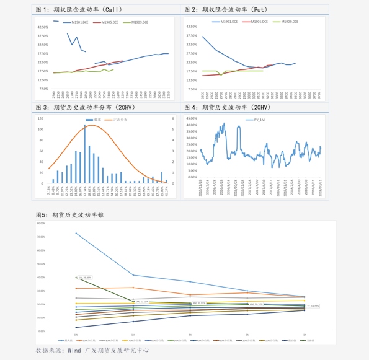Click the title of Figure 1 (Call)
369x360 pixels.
tap(79, 9)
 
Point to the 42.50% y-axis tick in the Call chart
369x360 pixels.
tap(43, 27)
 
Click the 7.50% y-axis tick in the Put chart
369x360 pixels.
tap(192, 89)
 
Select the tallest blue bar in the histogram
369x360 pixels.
tap(84, 155)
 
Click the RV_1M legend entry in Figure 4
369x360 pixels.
tap(257, 119)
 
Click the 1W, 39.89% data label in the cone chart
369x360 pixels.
tap(84, 278)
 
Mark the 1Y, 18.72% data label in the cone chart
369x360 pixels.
tap(313, 305)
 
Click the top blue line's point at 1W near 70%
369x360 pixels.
tap(76, 233)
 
